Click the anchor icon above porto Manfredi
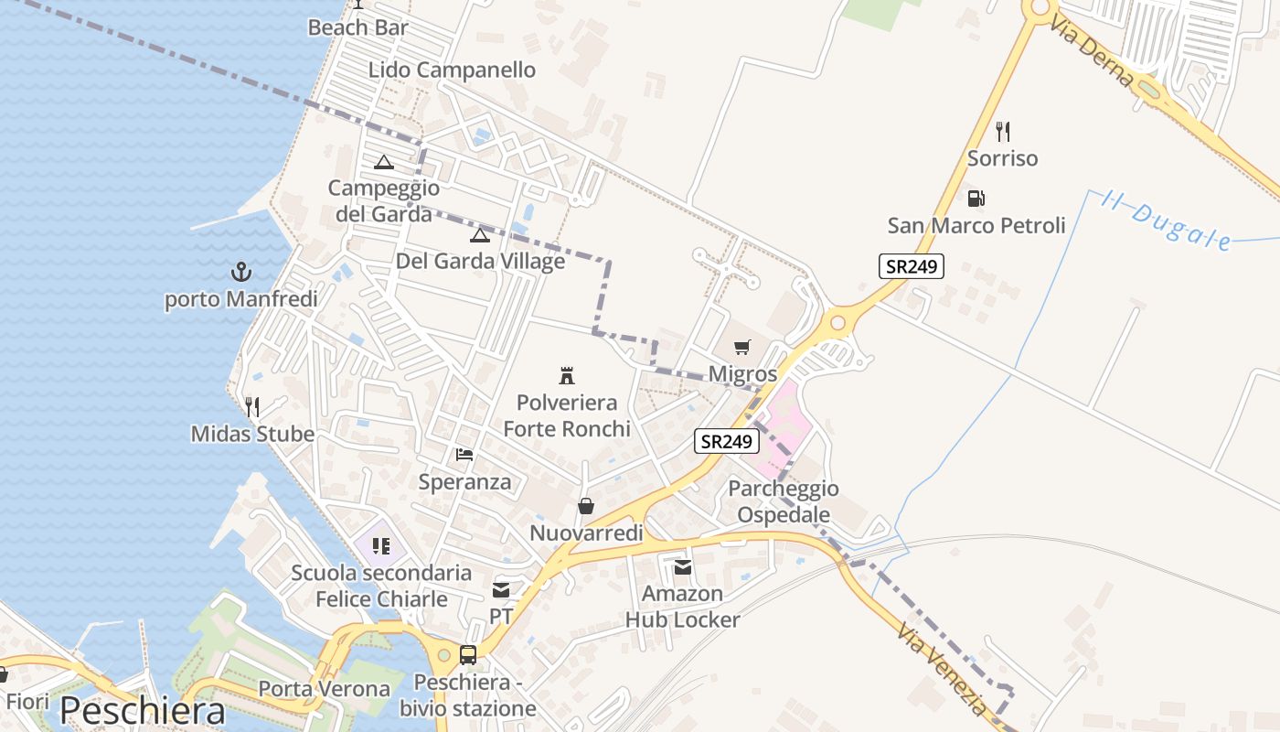240,272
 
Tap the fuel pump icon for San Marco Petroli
976,199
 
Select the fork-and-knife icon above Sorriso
1003,132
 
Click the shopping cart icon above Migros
742,348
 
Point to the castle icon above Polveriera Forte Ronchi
567,375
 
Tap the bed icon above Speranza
464,454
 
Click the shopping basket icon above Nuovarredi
586,506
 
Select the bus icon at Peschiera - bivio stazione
468,654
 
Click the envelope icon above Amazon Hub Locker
683,567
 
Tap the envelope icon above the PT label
501,590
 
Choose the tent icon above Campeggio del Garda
384,162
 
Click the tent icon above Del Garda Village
480,235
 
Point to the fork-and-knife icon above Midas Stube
252,407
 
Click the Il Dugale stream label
1166,221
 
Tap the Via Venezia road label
942,670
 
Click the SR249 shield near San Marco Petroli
911,266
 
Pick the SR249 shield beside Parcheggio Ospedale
727,442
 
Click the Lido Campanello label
452,70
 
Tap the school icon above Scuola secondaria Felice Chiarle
381,546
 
